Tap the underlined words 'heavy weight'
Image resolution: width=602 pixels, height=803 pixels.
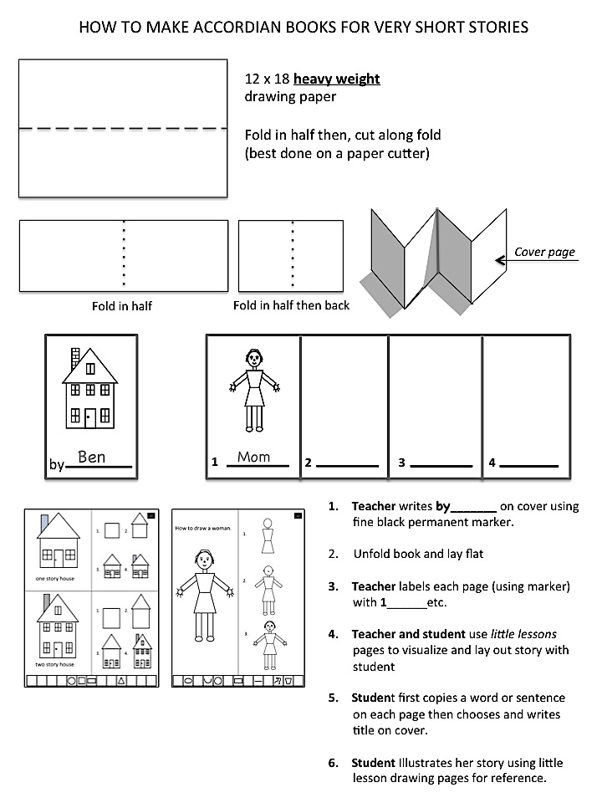pyautogui.click(x=337, y=79)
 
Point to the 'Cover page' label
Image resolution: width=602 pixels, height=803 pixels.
pyautogui.click(x=544, y=252)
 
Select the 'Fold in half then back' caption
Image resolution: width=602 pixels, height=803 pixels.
pyautogui.click(x=291, y=305)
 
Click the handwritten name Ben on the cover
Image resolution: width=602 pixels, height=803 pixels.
pyautogui.click(x=91, y=457)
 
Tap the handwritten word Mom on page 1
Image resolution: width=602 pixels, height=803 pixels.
pyautogui.click(x=253, y=457)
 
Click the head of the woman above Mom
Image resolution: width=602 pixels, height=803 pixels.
pyautogui.click(x=253, y=359)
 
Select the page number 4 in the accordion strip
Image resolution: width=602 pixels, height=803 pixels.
pyautogui.click(x=492, y=463)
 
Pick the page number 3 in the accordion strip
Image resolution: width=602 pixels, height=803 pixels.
pyautogui.click(x=401, y=463)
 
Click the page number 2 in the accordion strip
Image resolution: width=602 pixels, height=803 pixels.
pyautogui.click(x=308, y=463)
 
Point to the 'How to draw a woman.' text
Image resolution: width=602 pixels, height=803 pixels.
pyautogui.click(x=200, y=528)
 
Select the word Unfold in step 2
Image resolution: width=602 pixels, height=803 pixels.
pyautogui.click(x=373, y=554)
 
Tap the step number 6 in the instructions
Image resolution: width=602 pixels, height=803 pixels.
pyautogui.click(x=333, y=763)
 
